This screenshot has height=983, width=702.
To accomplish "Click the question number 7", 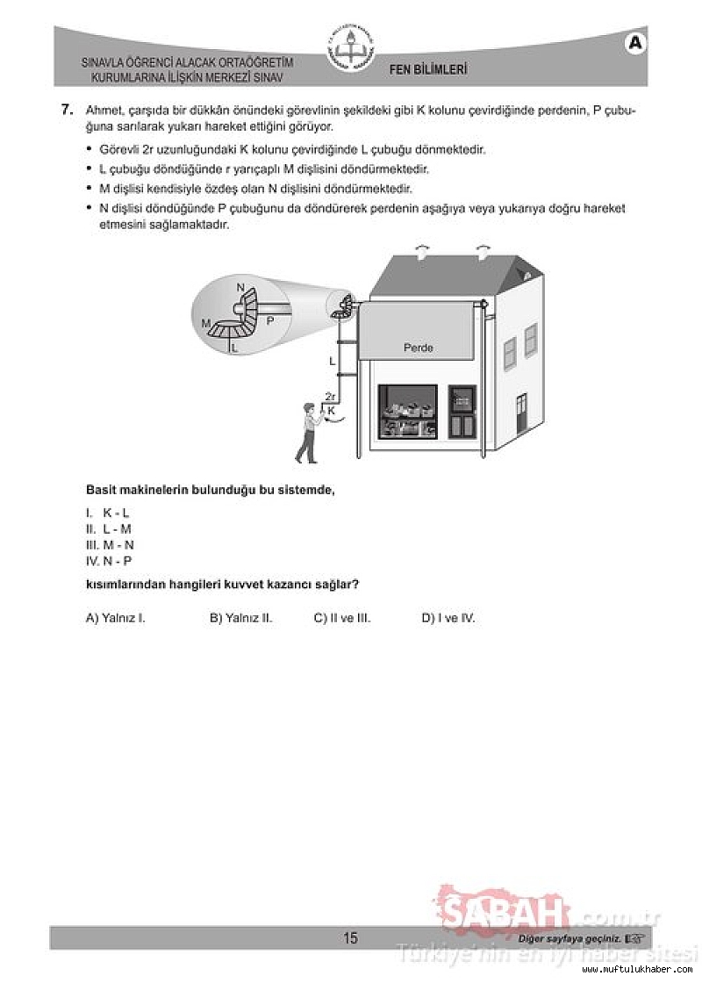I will tap(66, 110).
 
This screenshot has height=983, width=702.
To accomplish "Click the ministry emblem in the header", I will tap(350, 51).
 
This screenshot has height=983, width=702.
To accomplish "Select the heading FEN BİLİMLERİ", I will tap(427, 69).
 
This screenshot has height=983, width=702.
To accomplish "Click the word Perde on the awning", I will tap(418, 348).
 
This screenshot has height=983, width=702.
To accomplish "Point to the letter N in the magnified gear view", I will tap(240, 288).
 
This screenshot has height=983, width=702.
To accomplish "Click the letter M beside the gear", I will tap(206, 323).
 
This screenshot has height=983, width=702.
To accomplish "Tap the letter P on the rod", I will tap(269, 320).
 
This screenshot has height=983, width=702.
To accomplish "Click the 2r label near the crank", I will tap(329, 397).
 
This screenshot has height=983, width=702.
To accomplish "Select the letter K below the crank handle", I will tap(331, 410).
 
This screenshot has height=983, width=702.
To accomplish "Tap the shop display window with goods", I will tap(406, 413).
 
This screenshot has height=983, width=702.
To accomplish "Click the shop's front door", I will tap(462, 413).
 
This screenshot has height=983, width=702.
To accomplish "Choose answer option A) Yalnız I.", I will tap(115, 618).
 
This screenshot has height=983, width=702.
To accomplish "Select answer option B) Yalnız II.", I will tap(240, 618).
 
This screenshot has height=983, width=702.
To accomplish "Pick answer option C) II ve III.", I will tap(342, 618).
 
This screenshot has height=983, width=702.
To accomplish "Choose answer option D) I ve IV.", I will tap(448, 618).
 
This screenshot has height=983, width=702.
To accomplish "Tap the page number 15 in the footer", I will tap(350, 938).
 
